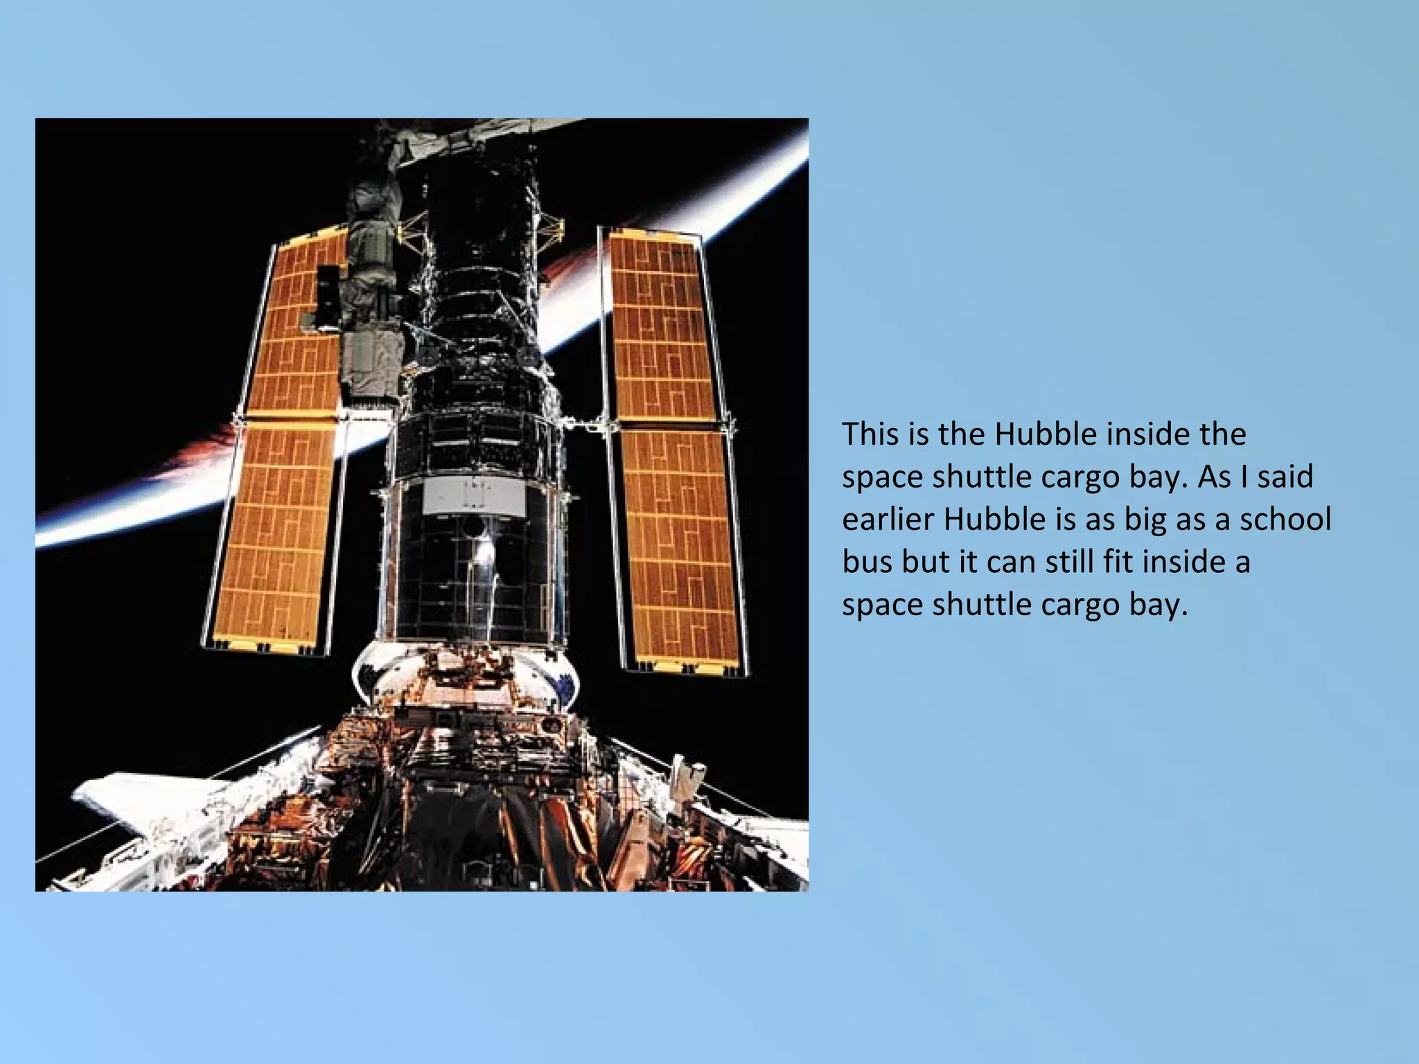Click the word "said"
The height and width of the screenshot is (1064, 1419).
(x=1285, y=477)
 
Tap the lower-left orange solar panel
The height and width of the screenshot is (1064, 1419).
(x=277, y=533)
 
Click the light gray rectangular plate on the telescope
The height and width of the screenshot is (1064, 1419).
(x=474, y=495)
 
